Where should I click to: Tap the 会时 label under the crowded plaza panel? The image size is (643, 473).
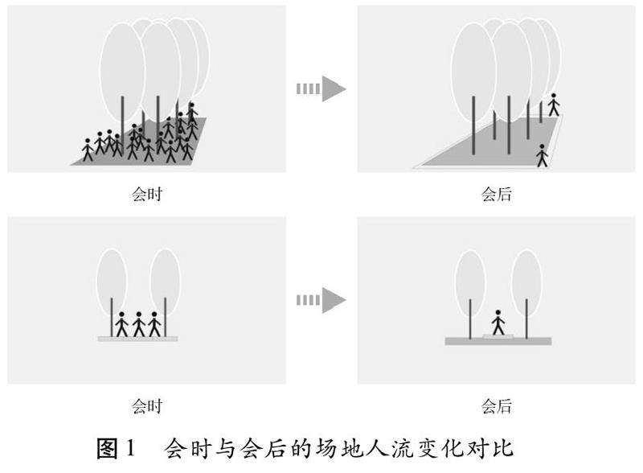pos(147,194)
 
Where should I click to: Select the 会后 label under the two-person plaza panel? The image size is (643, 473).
pos(497,194)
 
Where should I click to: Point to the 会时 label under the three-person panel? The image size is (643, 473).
pos(147,406)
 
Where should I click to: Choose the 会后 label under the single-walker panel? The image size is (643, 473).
pos(497,406)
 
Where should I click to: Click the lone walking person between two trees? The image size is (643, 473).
pos(498,323)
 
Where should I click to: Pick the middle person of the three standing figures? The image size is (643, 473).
pos(139,323)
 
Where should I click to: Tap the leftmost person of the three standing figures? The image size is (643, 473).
pos(122,323)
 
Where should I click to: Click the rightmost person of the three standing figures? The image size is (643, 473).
pos(155,323)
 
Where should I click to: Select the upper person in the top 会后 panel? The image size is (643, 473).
pos(553,104)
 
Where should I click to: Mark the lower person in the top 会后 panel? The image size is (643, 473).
pos(542,154)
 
